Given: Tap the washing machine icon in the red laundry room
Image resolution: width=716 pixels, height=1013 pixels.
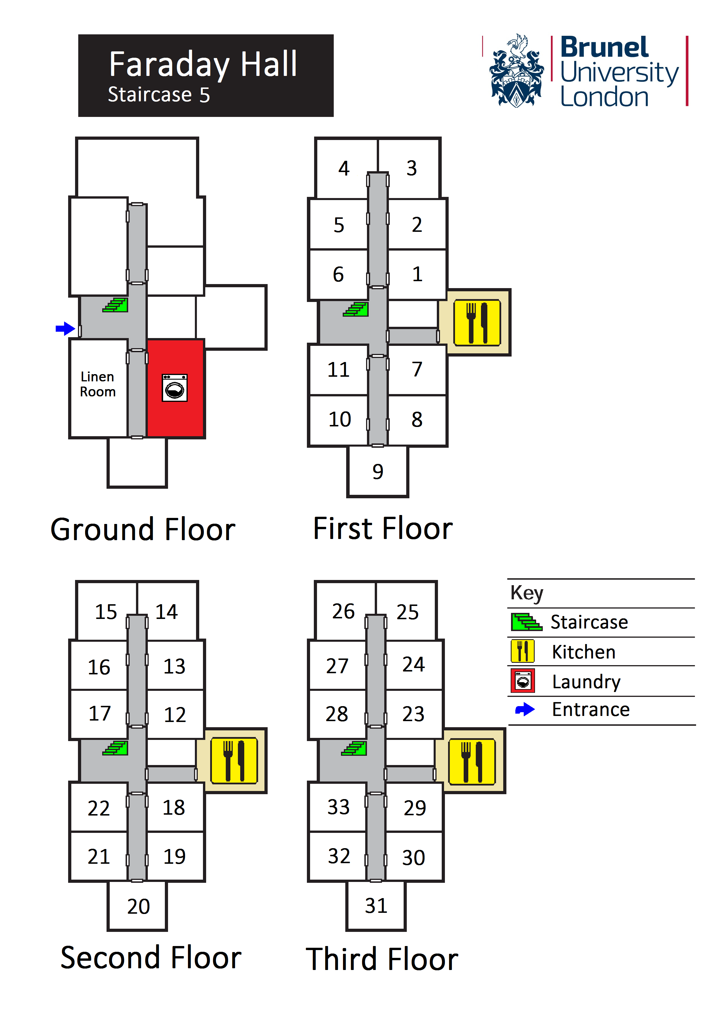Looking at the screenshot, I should click(x=175, y=388).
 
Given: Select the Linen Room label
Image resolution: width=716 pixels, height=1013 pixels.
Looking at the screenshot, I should click(x=98, y=384).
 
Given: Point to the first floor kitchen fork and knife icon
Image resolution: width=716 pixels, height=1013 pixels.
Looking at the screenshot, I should click(x=477, y=322).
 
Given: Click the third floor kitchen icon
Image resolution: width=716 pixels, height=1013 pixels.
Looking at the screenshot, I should click(x=471, y=762).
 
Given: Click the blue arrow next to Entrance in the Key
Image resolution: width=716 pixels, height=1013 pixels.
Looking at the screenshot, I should click(x=525, y=710).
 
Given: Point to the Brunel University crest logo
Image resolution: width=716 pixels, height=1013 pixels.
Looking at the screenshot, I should click(x=516, y=71).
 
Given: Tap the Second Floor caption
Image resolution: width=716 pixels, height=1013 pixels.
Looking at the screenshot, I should click(x=151, y=958).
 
